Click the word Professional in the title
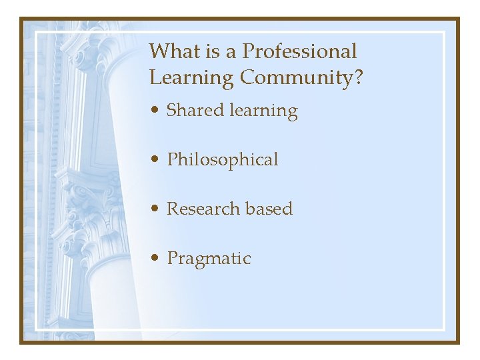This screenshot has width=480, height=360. pyautogui.click(x=299, y=51)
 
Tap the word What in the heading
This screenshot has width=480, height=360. pyautogui.click(x=172, y=51)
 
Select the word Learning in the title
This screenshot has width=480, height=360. pyautogui.click(x=191, y=78)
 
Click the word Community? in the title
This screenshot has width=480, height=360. pyautogui.click(x=302, y=78)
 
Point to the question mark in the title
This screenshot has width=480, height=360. pyautogui.click(x=359, y=78)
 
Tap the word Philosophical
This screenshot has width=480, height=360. pyautogui.click(x=223, y=160)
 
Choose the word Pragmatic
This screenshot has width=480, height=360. pyautogui.click(x=209, y=259)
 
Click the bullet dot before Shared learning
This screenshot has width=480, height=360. pyautogui.click(x=155, y=111)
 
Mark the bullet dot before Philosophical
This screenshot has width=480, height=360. pyautogui.click(x=155, y=160)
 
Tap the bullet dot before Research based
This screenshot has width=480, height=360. pyautogui.click(x=155, y=209)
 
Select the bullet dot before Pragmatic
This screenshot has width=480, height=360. pyautogui.click(x=155, y=259)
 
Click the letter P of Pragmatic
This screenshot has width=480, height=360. pyautogui.click(x=173, y=258)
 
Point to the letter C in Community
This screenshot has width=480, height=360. pyautogui.click(x=247, y=77)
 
